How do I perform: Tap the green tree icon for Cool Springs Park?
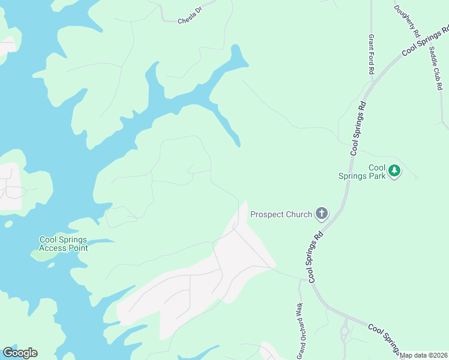pyautogui.click(x=394, y=171)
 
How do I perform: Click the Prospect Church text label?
pyautogui.click(x=281, y=214)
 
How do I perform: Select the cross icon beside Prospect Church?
pyautogui.click(x=322, y=214)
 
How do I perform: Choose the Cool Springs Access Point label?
pyautogui.click(x=64, y=244)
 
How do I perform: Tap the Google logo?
pyautogui.click(x=20, y=353)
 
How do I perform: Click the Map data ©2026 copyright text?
pyautogui.click(x=424, y=355)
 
